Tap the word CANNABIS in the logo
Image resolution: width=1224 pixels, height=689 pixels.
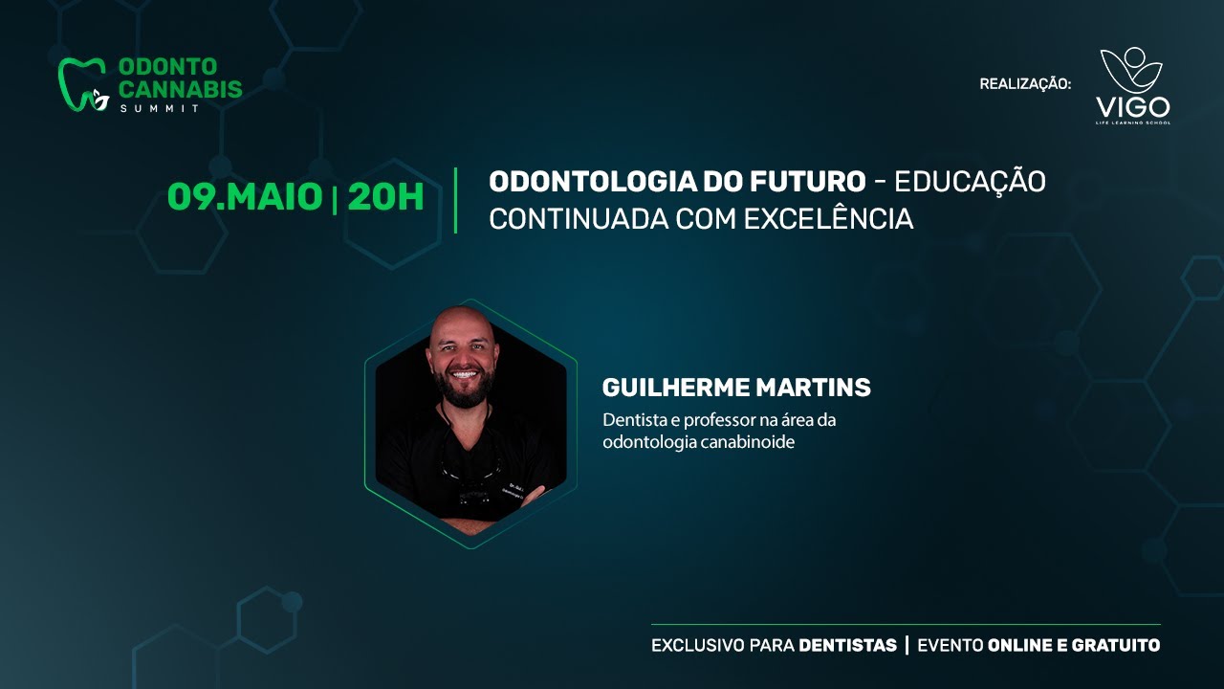(181, 89)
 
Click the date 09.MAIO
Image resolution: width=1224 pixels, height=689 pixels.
(245, 197)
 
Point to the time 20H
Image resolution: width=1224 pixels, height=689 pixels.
(385, 197)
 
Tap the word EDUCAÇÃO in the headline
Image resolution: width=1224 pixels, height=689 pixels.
(971, 181)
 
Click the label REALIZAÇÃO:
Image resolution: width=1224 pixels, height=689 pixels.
(1025, 84)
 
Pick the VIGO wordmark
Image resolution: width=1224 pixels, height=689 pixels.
(1133, 107)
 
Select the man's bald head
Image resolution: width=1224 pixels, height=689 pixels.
(462, 322)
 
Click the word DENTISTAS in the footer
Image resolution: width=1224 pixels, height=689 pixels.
(847, 645)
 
